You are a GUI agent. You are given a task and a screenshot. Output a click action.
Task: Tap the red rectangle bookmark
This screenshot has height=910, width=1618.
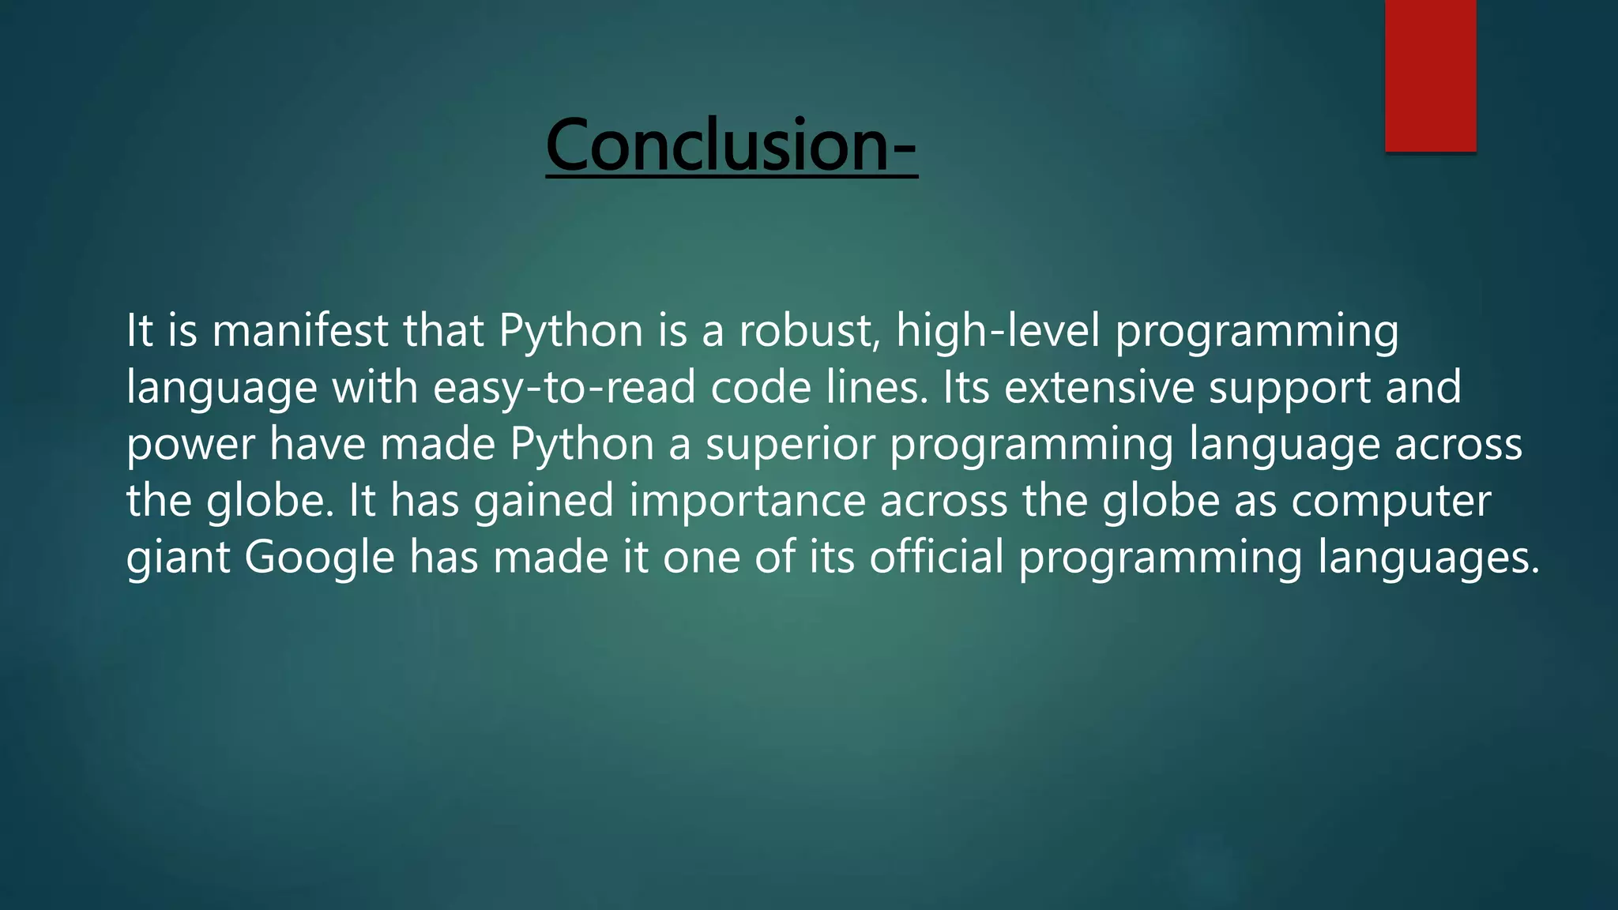pyautogui.click(x=1430, y=75)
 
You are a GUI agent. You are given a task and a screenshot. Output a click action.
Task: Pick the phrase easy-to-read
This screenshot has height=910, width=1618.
pyautogui.click(x=565, y=388)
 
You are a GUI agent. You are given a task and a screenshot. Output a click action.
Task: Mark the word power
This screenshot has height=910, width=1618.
pyautogui.click(x=190, y=445)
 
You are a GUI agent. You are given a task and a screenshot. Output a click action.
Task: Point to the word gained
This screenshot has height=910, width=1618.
pyautogui.click(x=544, y=502)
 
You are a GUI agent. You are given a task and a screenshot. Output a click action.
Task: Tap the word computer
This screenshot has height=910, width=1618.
pyautogui.click(x=1391, y=502)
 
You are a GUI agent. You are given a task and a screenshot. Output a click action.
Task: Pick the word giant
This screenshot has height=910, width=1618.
pyautogui.click(x=178, y=558)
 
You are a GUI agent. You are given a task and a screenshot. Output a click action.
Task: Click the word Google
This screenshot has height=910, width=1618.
pyautogui.click(x=319, y=558)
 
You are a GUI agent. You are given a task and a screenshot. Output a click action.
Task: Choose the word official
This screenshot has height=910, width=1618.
pyautogui.click(x=936, y=557)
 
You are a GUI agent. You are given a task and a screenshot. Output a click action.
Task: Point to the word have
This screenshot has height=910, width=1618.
pyautogui.click(x=318, y=445)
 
